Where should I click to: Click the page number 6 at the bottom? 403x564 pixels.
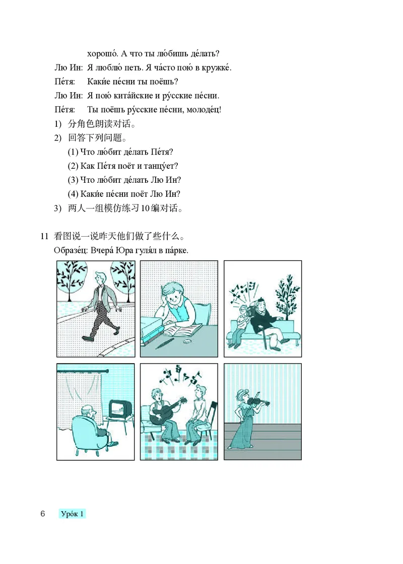(43, 514)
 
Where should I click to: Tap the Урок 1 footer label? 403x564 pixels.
(72, 514)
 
